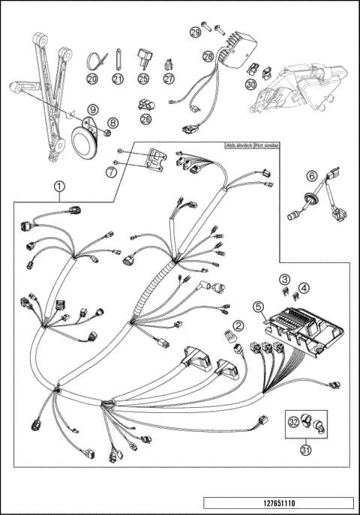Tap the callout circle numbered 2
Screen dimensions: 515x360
(238, 325)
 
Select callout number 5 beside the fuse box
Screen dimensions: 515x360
(257, 306)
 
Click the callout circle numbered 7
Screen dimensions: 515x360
(112, 172)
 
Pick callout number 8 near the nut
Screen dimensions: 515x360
(113, 123)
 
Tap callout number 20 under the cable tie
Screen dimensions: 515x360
(92, 78)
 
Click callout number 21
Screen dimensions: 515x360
(117, 78)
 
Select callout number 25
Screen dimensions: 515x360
(143, 78)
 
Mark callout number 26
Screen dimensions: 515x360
(145, 118)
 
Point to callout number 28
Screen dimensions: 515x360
(208, 55)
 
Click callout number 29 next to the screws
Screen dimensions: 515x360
(195, 31)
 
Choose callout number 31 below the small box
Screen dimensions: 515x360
(305, 450)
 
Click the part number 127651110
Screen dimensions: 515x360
(277, 503)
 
